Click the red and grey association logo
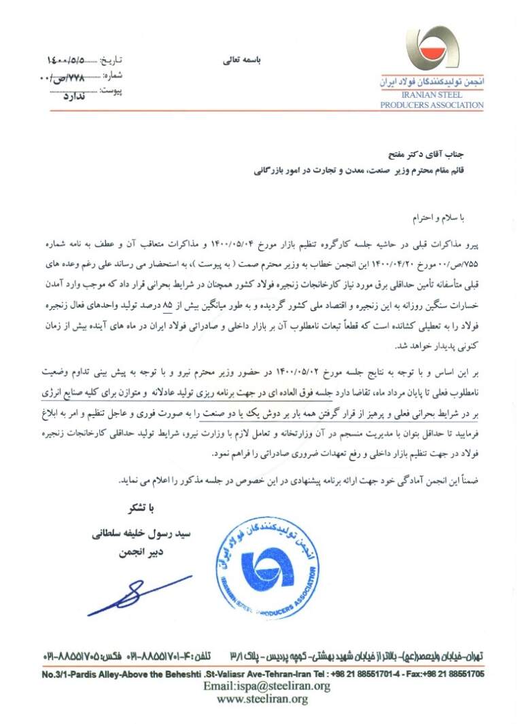(x=432, y=50)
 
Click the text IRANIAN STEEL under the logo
(x=432, y=96)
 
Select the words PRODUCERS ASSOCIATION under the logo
(x=432, y=105)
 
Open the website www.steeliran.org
(x=262, y=698)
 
